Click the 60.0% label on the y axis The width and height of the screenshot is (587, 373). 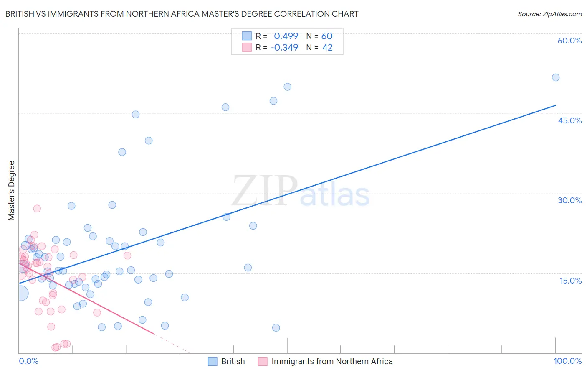click(x=569, y=41)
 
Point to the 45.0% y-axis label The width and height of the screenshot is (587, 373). click(x=569, y=120)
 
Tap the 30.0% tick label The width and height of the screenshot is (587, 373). click(x=569, y=200)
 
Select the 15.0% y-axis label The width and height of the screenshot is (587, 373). click(x=570, y=281)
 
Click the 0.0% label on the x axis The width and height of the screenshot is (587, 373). click(x=28, y=361)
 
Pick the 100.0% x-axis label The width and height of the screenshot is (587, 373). click(x=567, y=361)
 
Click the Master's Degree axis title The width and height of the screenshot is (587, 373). click(x=11, y=190)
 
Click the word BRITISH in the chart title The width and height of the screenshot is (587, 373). click(x=20, y=14)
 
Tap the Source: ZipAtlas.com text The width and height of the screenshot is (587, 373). click(x=549, y=14)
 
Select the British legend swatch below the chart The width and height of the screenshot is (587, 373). click(x=213, y=361)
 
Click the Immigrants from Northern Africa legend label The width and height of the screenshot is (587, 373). click(x=332, y=361)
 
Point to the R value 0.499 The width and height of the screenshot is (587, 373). click(x=286, y=36)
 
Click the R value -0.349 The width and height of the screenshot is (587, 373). click(x=284, y=48)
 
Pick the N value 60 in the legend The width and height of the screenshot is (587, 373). click(x=327, y=36)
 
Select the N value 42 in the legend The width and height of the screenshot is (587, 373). click(x=327, y=48)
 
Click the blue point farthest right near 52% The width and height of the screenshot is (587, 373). click(x=555, y=77)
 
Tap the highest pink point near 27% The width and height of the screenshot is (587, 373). click(x=37, y=209)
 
